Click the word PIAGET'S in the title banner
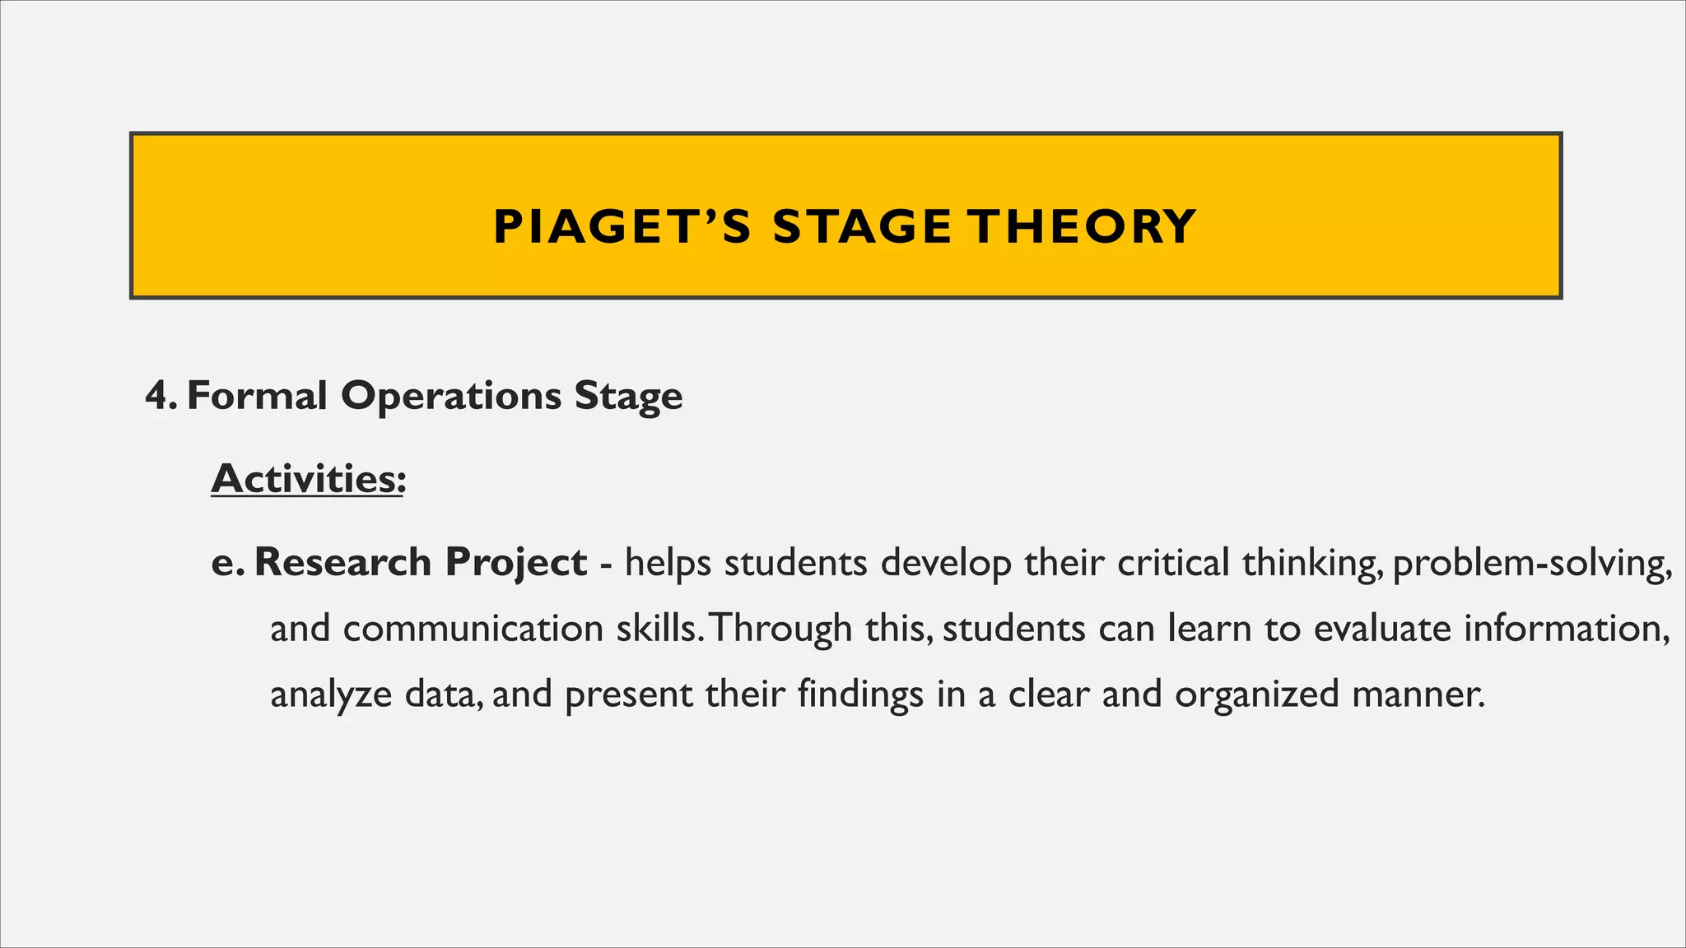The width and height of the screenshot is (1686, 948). (622, 227)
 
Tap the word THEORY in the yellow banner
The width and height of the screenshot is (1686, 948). (1082, 227)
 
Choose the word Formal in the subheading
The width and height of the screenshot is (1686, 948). (257, 396)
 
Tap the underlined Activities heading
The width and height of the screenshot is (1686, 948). (308, 479)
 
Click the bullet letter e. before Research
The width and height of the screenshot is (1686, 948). (228, 563)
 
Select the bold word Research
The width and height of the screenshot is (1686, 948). (342, 563)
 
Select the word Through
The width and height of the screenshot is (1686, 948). (780, 630)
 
